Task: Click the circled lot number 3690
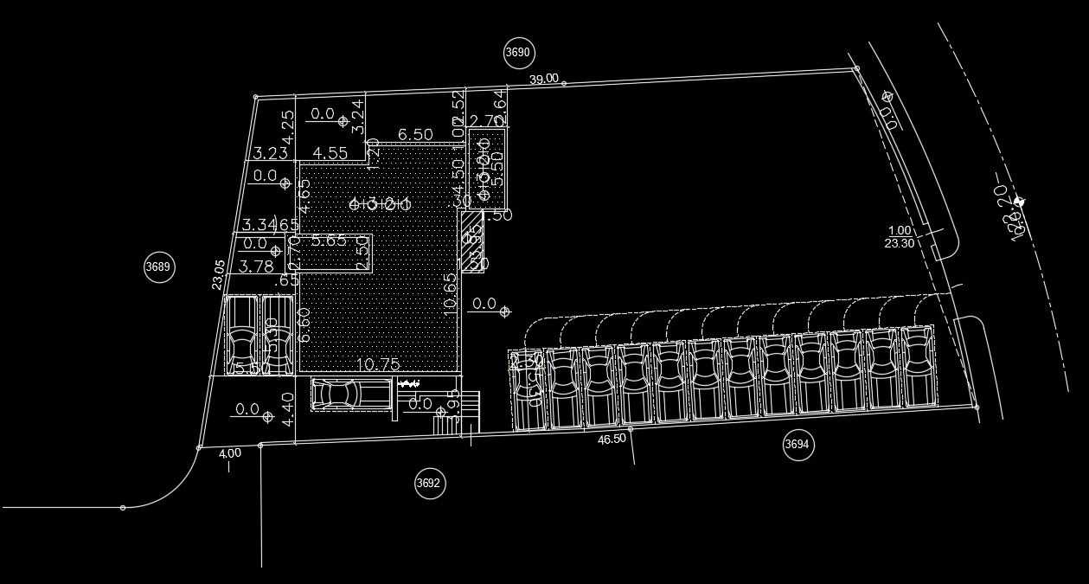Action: tap(518, 53)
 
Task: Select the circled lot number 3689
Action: tap(158, 266)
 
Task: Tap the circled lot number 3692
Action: tap(430, 483)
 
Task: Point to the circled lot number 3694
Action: tap(798, 445)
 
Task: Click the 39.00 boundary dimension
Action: tap(543, 79)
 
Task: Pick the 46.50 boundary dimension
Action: tap(612, 440)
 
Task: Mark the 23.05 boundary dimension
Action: tap(219, 274)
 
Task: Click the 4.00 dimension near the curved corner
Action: tap(229, 453)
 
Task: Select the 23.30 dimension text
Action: tap(900, 243)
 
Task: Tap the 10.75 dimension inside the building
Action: tap(377, 365)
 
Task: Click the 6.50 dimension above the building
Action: tap(415, 134)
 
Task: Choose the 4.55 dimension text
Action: tap(330, 153)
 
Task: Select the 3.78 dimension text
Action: tap(256, 266)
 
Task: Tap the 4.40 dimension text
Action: tap(290, 409)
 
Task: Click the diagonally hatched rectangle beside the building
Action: tap(471, 241)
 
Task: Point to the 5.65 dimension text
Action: tap(330, 241)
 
